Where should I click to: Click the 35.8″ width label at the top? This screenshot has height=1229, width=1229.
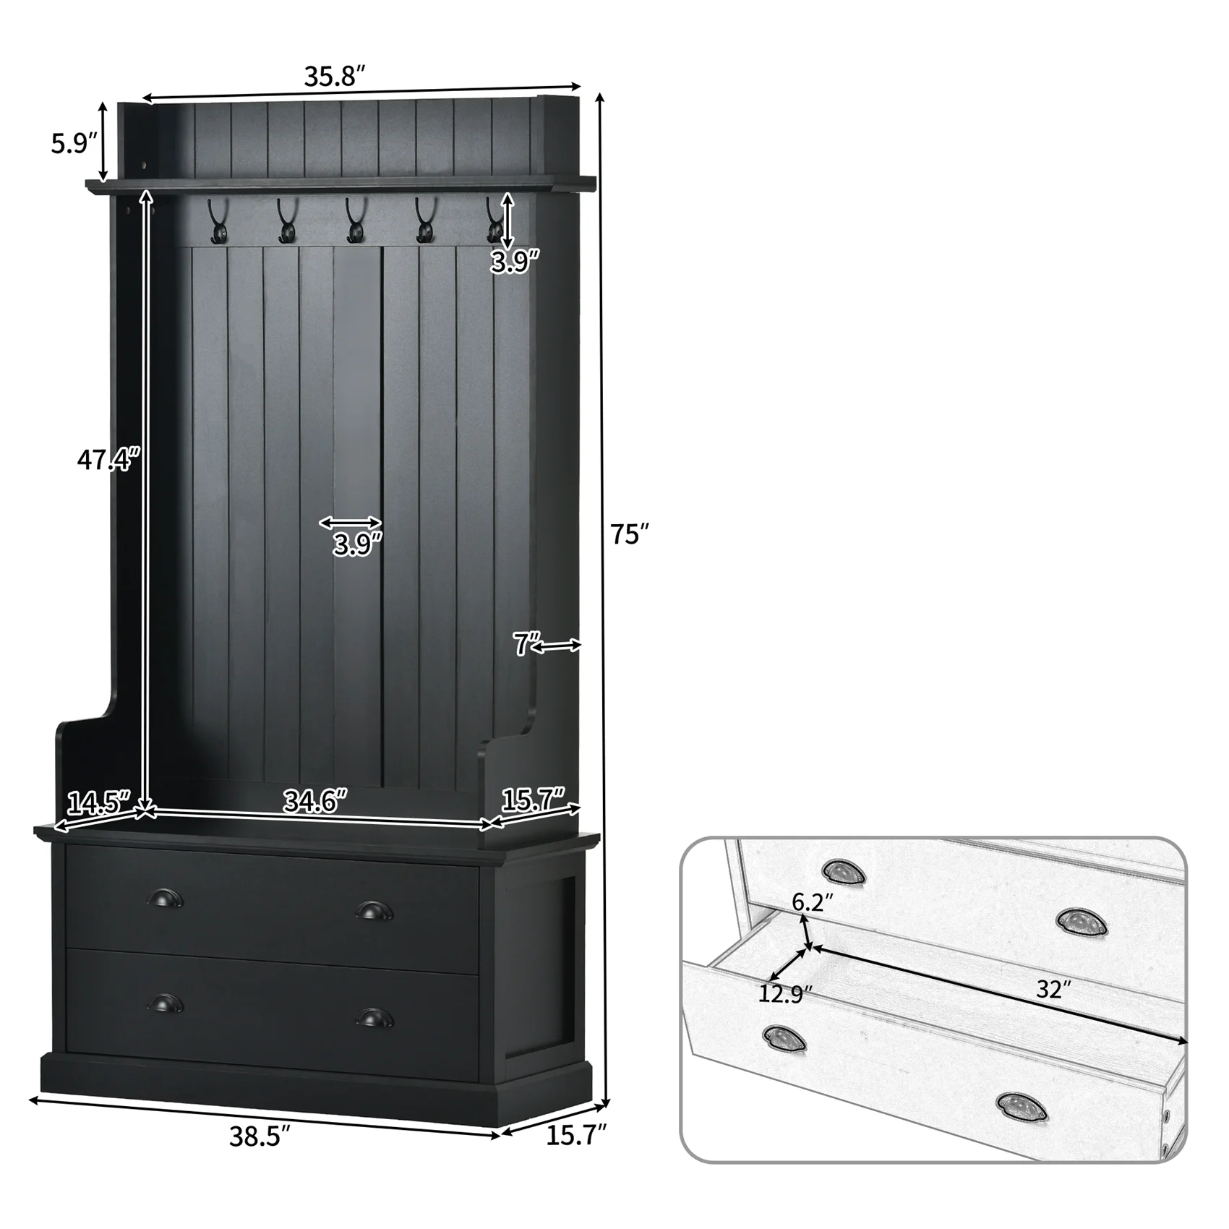pos(335,76)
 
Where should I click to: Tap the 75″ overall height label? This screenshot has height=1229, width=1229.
pos(626,534)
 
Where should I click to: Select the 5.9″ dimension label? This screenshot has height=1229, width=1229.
pos(74,143)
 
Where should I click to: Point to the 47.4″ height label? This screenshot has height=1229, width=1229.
pos(108,458)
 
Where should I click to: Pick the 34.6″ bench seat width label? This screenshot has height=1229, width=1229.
pos(315,801)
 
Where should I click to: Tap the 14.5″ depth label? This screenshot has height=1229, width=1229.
pos(98,802)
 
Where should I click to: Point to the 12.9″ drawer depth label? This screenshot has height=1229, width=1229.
pos(786,994)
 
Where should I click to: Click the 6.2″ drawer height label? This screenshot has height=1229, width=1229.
pos(813,902)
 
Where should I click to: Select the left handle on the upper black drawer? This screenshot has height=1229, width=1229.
pos(165,899)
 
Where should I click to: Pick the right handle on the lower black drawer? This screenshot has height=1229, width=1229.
pos(374,1017)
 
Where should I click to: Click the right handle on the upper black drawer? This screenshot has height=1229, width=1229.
pos(374,910)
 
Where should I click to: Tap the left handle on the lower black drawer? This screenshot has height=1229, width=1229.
pos(165,1003)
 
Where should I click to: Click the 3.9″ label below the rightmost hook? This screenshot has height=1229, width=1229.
pos(515,262)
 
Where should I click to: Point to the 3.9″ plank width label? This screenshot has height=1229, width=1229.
pos(357,544)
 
